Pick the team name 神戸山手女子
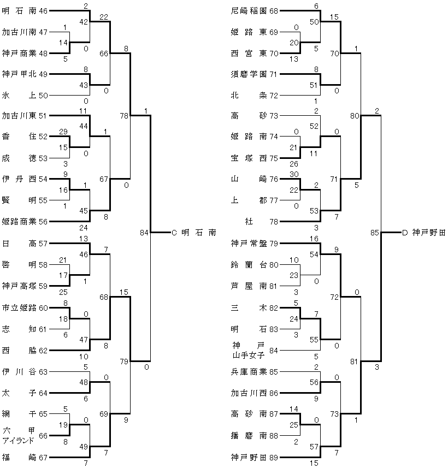tap(249, 349)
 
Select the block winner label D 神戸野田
tap(423, 232)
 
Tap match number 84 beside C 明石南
tap(144, 233)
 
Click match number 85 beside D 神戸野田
tap(374, 233)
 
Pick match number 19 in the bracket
tap(63, 425)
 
